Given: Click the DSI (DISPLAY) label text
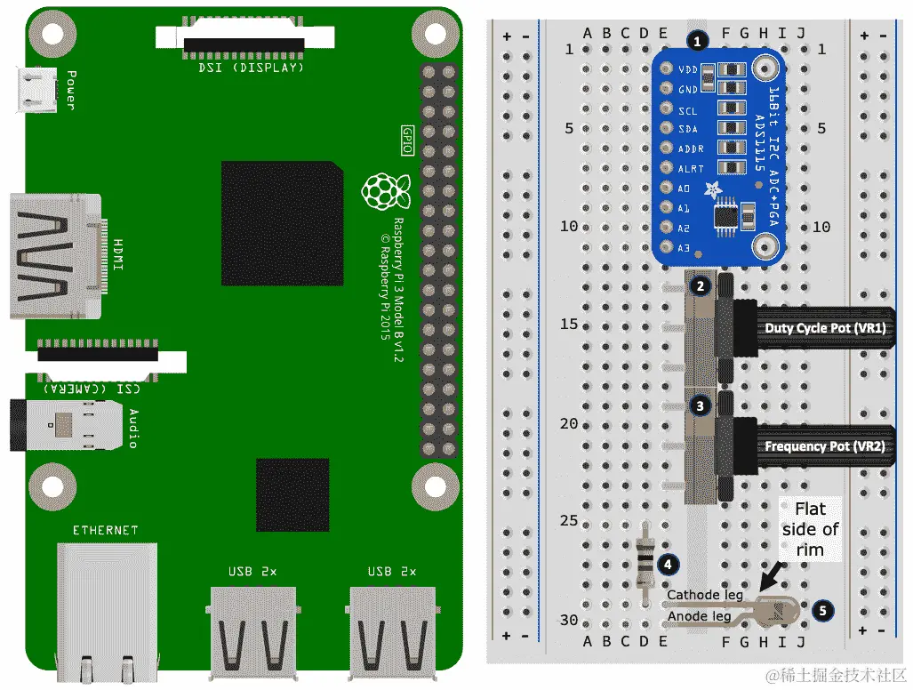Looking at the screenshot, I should coord(245,67).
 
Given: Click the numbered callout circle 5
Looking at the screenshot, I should coord(823,610).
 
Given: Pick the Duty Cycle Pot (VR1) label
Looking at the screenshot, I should coord(824,328).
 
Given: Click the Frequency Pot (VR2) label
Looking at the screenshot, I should coord(824,446).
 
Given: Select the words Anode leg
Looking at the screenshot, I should coord(699,615).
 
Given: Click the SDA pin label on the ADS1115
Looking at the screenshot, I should coord(688,130).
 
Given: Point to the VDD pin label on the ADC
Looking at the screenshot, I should coord(687,69).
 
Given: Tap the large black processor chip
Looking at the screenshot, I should coord(282,223).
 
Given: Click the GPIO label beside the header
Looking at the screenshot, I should coord(408,139).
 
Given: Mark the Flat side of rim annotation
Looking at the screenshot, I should coord(810,529).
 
